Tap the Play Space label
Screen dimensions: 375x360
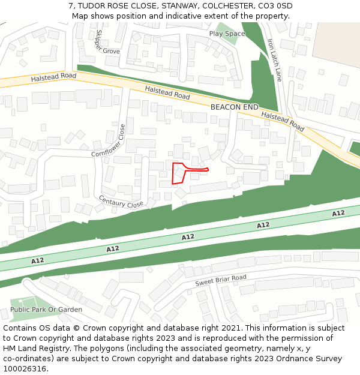[227, 34]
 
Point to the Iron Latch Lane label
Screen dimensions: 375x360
[274, 61]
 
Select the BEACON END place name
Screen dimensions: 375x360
[234, 107]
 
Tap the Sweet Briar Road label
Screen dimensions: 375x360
[221, 280]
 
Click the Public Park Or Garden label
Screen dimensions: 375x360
[46, 310]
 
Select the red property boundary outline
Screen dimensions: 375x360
[178, 173]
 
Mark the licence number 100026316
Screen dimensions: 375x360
[24, 368]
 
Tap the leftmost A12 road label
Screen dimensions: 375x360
[38, 260]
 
